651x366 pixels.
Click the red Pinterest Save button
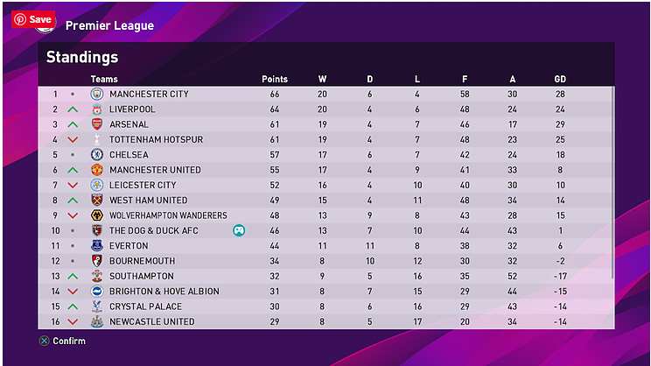click(33, 19)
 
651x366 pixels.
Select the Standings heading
click(82, 59)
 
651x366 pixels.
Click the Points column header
click(275, 80)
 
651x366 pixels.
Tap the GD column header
click(560, 80)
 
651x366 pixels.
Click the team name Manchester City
click(149, 94)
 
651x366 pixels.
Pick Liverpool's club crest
click(97, 109)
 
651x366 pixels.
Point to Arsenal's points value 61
click(275, 124)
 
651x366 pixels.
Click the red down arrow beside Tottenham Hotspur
click(73, 140)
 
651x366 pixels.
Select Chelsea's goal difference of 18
click(560, 155)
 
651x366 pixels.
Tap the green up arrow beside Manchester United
click(73, 170)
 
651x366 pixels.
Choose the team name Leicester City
click(143, 186)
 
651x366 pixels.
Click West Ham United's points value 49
click(275, 201)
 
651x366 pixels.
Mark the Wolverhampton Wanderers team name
click(168, 215)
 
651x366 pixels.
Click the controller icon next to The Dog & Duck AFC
click(238, 230)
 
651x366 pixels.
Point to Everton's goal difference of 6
click(560, 246)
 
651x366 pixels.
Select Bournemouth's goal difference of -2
click(560, 261)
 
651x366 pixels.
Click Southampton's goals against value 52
click(513, 276)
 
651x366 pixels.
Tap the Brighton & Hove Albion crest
click(97, 292)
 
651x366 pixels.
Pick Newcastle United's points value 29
click(275, 321)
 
